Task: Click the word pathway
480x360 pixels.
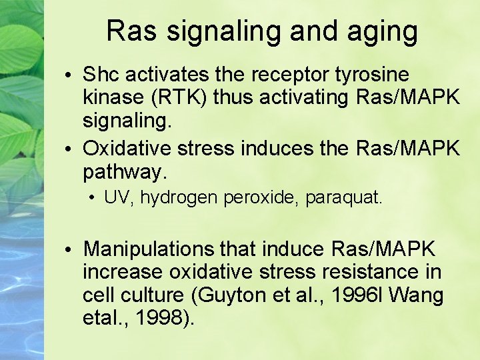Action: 124,172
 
